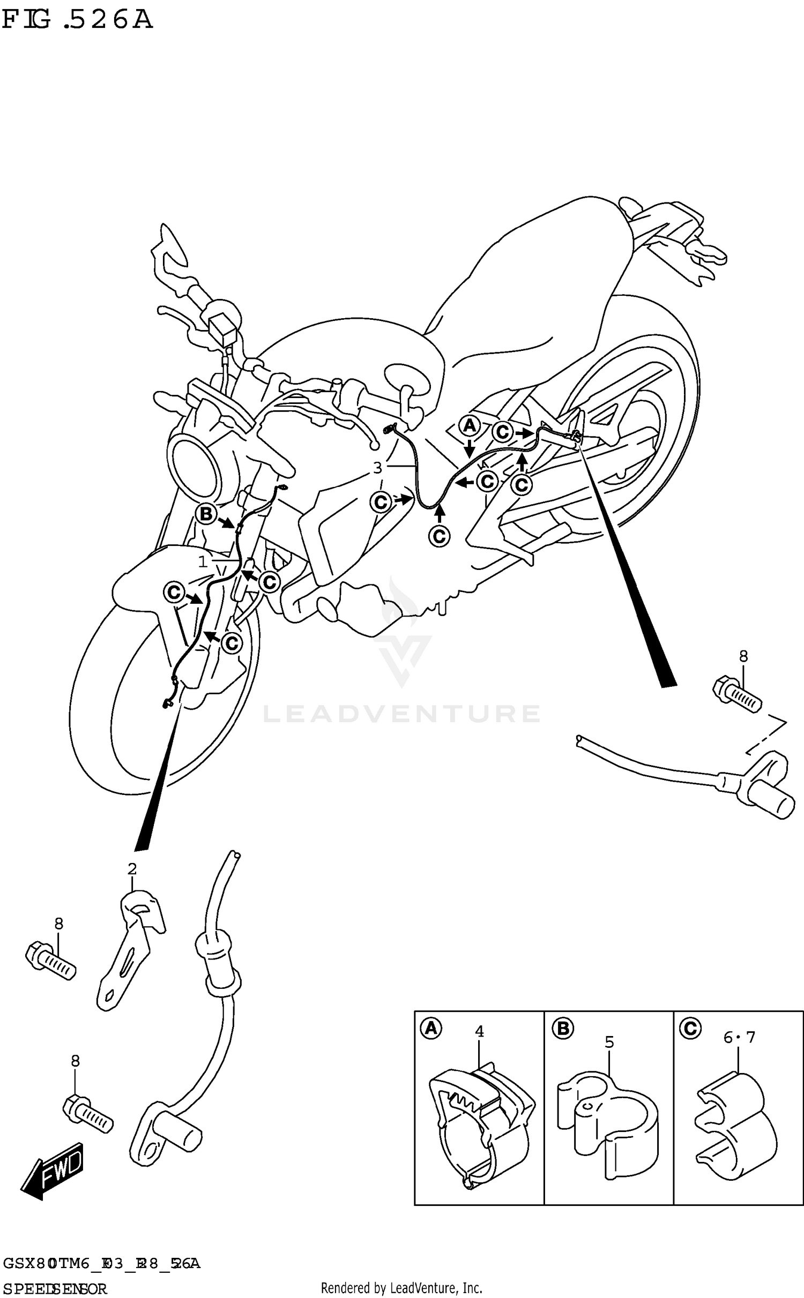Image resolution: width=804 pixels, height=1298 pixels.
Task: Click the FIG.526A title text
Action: pyautogui.click(x=77, y=20)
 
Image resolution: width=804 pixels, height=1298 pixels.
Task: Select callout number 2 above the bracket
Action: pyautogui.click(x=132, y=869)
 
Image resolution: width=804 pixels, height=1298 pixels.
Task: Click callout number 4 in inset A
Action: pyautogui.click(x=479, y=1031)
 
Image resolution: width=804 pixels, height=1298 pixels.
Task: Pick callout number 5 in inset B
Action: pyautogui.click(x=609, y=1042)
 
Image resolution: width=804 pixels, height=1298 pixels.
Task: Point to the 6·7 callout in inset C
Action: pyautogui.click(x=739, y=1038)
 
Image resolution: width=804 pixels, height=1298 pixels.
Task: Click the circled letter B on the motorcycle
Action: pyautogui.click(x=205, y=515)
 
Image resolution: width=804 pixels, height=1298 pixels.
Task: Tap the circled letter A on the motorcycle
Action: pyautogui.click(x=470, y=426)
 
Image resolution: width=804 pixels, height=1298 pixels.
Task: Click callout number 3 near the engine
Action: pyautogui.click(x=377, y=468)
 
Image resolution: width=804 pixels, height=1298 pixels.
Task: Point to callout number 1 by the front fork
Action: pyautogui.click(x=203, y=562)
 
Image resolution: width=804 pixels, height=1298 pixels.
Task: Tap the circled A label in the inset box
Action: pyautogui.click(x=431, y=1029)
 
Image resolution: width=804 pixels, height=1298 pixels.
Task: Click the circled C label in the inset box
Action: pyautogui.click(x=689, y=1028)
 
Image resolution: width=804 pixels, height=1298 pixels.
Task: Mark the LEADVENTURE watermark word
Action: pyautogui.click(x=401, y=714)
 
